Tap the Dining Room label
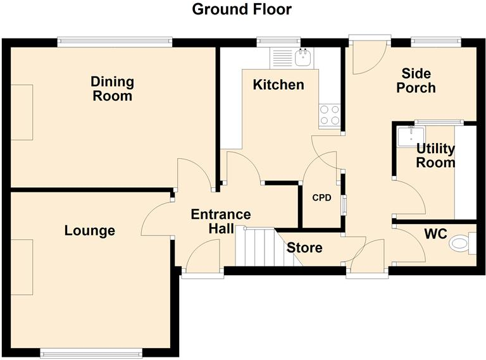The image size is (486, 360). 112,89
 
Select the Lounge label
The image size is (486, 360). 90,231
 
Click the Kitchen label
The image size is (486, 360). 278,85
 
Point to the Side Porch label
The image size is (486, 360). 416,80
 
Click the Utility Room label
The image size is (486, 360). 435,156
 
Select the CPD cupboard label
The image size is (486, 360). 321,197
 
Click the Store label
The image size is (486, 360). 305,248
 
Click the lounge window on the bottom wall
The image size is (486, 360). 91,352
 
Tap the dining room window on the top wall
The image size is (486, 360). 115,42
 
